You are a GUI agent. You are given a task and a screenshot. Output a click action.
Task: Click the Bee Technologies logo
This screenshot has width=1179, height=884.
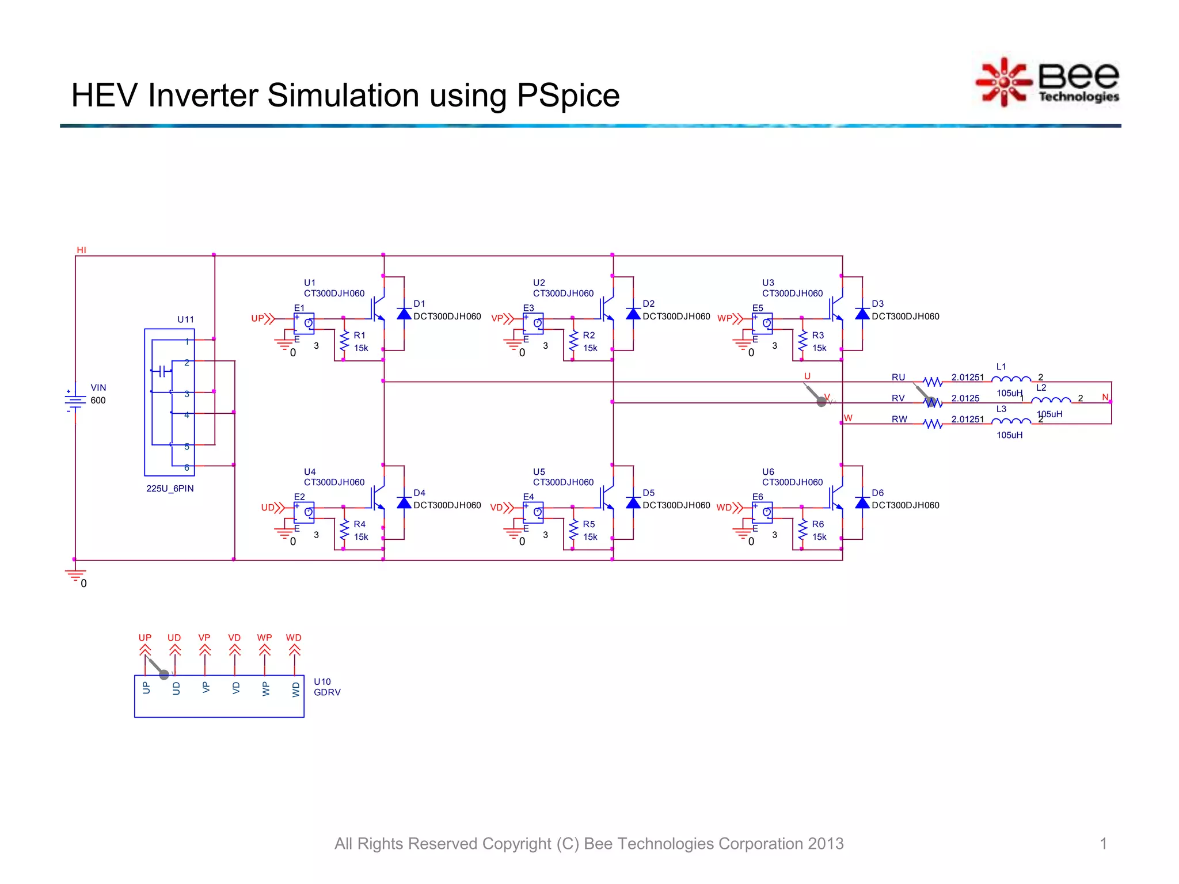[x=1048, y=82]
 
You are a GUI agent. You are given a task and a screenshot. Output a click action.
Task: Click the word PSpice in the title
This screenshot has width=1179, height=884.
[x=568, y=96]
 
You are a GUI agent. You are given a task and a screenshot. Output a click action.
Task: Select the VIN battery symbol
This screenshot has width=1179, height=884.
[x=75, y=399]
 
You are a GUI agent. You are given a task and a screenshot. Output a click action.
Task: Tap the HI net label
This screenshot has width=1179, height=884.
[x=81, y=250]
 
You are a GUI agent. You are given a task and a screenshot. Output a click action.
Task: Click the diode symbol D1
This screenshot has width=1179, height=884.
[x=404, y=314]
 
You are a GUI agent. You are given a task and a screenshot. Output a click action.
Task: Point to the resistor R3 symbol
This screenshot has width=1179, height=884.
[x=803, y=341]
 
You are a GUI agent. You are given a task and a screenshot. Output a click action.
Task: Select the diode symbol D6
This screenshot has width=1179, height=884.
[x=862, y=503]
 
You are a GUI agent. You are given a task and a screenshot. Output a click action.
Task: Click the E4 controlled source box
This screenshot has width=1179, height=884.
[x=533, y=512]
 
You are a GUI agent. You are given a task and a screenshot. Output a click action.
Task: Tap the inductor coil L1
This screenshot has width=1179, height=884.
[x=1011, y=379]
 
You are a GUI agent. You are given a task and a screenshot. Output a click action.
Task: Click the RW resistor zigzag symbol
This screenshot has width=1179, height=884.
[x=933, y=424]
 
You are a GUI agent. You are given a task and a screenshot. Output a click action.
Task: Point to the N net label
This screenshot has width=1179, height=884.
[x=1105, y=397]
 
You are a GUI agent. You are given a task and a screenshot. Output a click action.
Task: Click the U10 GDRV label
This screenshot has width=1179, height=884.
[x=327, y=687]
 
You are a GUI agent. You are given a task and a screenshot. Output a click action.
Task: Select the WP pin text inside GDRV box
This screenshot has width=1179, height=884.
[x=265, y=689]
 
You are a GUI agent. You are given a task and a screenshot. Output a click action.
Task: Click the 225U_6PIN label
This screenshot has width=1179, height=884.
[x=170, y=489]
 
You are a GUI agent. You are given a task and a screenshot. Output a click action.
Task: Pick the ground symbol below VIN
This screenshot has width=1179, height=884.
[x=75, y=575]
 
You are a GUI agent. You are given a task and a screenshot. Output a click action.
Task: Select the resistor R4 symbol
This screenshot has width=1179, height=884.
[x=344, y=530]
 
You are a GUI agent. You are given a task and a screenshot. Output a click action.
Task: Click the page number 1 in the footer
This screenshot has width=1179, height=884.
[x=1103, y=844]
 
